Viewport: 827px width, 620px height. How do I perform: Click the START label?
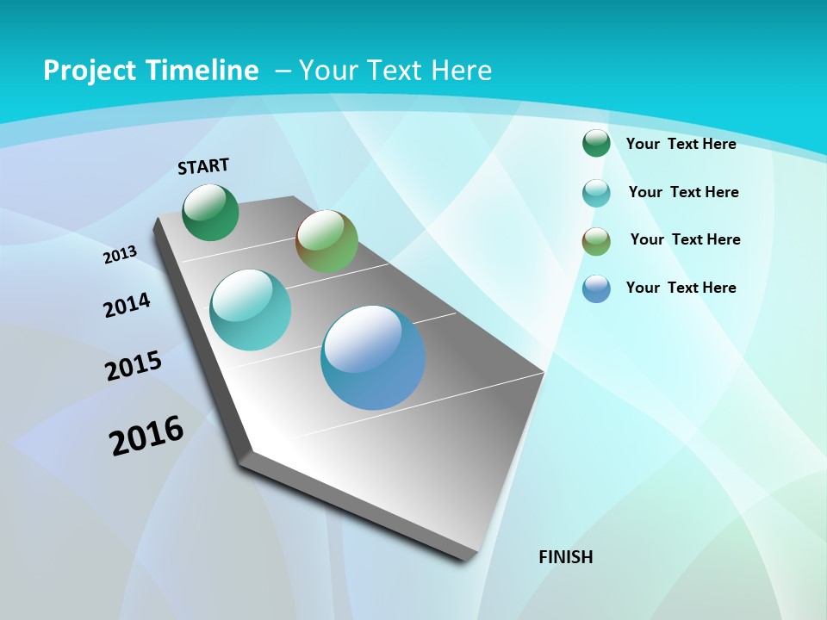[203, 166]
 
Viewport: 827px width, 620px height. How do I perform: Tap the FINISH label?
[565, 557]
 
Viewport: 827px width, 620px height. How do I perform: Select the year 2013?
[120, 255]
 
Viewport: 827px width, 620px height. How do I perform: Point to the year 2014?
[127, 306]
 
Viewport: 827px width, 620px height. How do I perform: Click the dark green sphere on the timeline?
[211, 213]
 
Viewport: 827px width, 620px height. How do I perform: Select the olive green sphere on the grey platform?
[326, 241]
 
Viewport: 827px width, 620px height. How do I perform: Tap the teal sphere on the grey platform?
[250, 310]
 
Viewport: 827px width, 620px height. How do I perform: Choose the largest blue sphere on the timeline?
[373, 357]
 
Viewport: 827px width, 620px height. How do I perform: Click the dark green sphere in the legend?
[596, 143]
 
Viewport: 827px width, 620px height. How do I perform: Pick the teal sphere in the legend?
[596, 193]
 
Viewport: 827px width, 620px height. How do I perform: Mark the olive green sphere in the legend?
[596, 241]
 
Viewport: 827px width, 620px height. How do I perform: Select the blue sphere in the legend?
[596, 288]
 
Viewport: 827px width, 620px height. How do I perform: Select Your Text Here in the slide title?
[395, 71]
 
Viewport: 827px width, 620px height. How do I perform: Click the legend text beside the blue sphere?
[681, 288]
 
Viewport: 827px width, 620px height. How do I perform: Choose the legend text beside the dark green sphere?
[681, 144]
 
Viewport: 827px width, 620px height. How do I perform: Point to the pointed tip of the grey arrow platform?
[465, 555]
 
